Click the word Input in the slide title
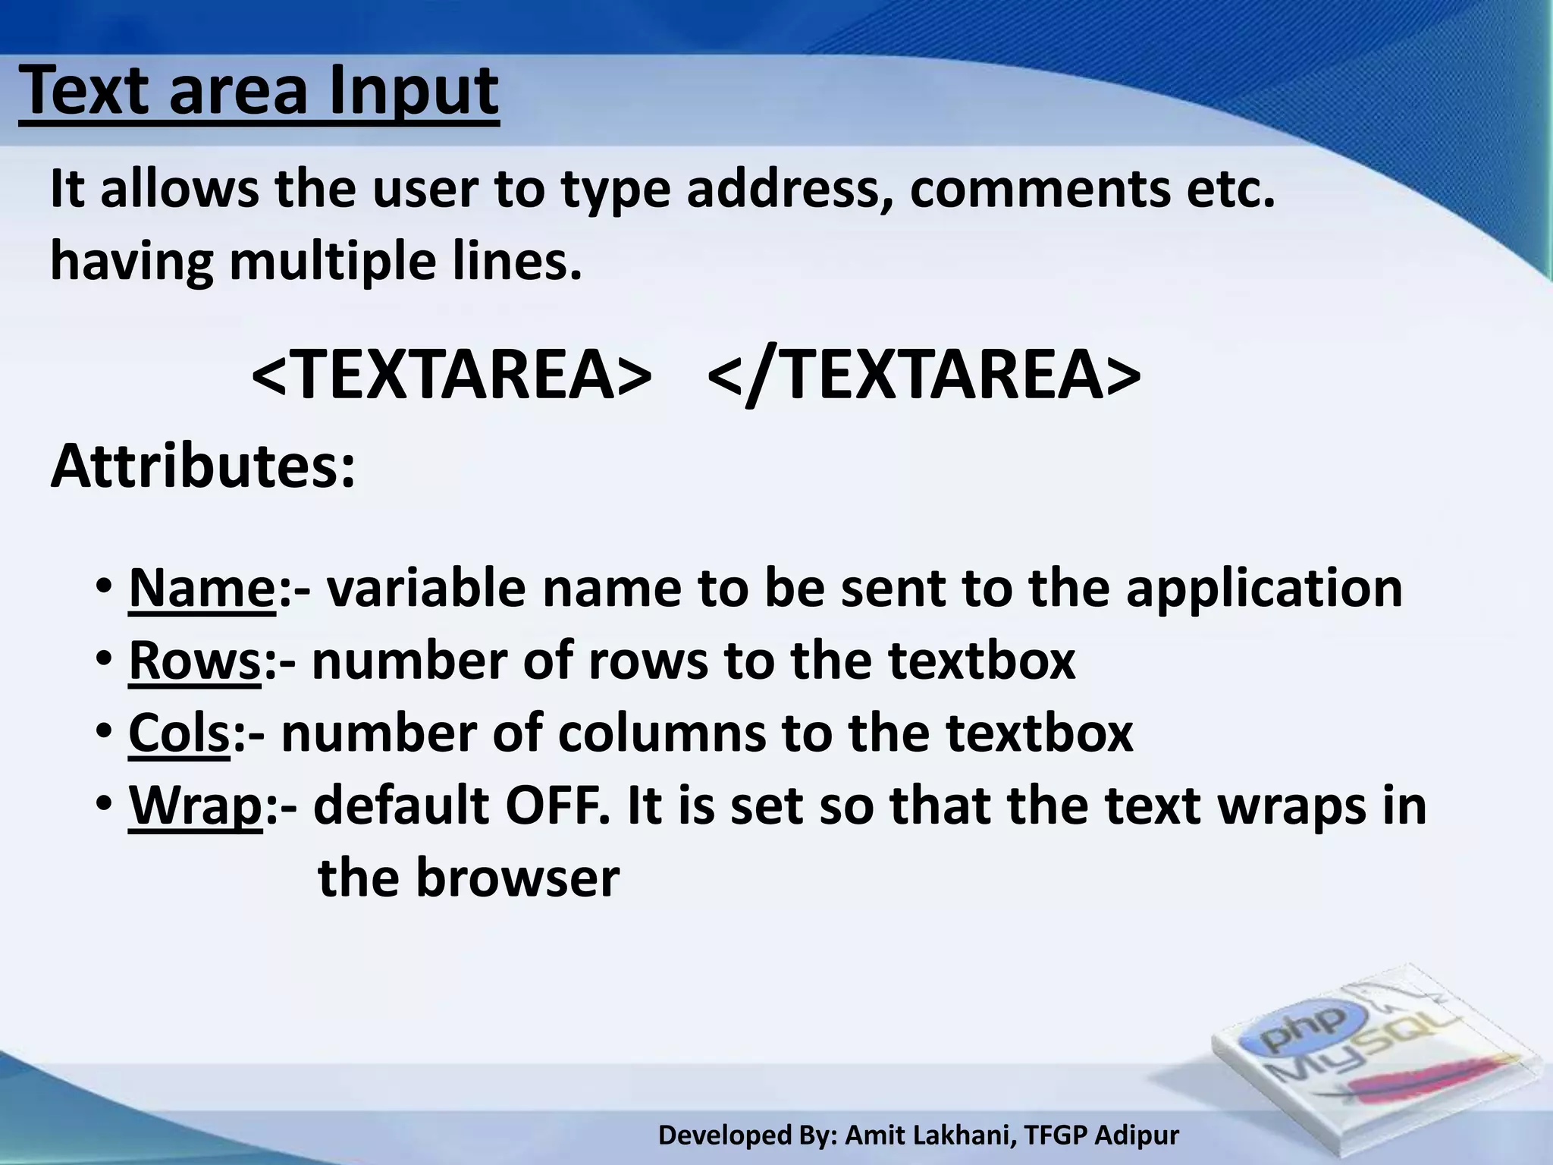click(x=413, y=93)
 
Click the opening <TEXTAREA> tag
click(x=450, y=375)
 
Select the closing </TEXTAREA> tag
click(x=923, y=375)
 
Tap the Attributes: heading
click(x=202, y=466)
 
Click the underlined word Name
click(x=202, y=588)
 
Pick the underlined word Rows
click(x=195, y=661)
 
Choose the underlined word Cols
click(x=179, y=733)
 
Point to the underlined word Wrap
click(x=195, y=806)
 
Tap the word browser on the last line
click(x=517, y=878)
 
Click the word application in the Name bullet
click(x=1264, y=589)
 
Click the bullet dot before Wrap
click(x=104, y=805)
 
